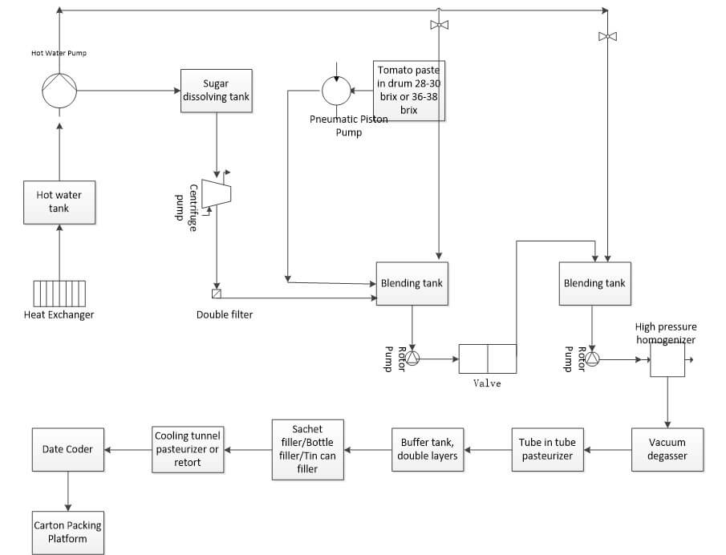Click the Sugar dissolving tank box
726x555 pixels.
[217, 90]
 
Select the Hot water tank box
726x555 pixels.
[59, 201]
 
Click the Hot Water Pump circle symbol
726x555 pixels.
[59, 90]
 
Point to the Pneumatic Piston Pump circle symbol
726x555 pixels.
[336, 91]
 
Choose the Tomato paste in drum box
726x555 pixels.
[409, 90]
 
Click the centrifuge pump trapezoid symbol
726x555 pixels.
[216, 193]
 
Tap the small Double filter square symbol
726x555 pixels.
[216, 293]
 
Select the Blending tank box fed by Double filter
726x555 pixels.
[412, 283]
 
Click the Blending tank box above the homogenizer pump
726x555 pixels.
[594, 283]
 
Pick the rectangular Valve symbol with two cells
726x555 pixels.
[488, 359]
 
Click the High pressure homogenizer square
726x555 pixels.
[667, 360]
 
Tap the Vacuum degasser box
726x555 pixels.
[667, 449]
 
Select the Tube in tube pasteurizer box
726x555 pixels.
[546, 449]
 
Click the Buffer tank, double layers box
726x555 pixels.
[428, 449]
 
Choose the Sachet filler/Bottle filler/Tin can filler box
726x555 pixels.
[308, 449]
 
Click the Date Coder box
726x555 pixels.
[68, 449]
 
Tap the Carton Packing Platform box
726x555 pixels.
[68, 532]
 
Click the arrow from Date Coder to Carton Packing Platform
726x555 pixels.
[68, 491]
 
